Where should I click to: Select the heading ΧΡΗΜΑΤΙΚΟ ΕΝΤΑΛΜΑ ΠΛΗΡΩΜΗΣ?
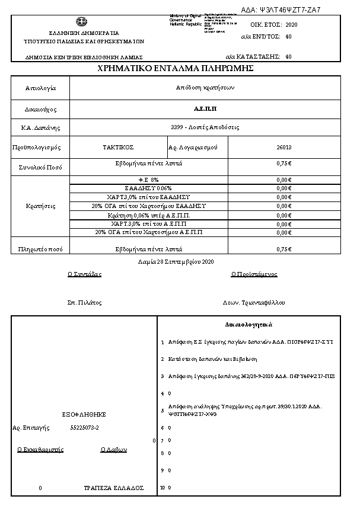click(176, 69)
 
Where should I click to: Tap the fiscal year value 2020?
click(292, 25)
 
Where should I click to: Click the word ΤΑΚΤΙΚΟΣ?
click(119, 147)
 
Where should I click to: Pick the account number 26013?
click(284, 147)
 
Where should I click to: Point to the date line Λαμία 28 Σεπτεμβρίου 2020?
click(176, 261)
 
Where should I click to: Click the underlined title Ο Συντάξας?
click(85, 274)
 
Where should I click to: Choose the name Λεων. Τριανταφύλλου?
click(253, 303)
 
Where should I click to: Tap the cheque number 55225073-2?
click(85, 427)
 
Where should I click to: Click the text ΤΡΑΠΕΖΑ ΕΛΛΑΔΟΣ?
click(114, 488)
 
